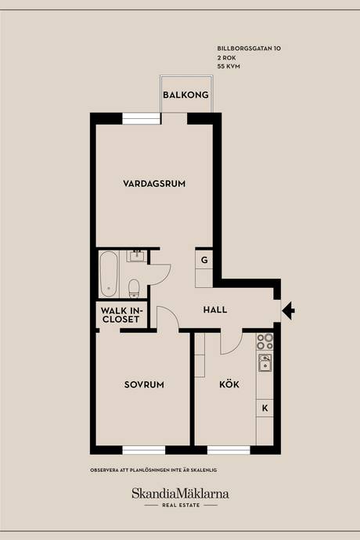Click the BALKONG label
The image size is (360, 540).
[x=185, y=95]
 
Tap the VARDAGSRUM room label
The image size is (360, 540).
[x=154, y=184]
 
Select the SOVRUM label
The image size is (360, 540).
[x=144, y=385]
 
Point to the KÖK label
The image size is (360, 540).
[x=229, y=383]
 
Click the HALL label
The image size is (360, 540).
[x=215, y=310]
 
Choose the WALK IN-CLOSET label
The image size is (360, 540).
[x=121, y=315]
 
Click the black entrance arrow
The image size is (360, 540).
[x=288, y=311]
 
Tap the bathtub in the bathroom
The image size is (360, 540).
[x=109, y=274]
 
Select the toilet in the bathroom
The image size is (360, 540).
[x=134, y=289]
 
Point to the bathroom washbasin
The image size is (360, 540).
[x=137, y=256]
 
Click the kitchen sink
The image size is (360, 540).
[x=265, y=363]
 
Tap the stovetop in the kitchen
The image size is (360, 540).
[x=265, y=341]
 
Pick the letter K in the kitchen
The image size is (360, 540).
[x=265, y=408]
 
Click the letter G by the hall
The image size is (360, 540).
[x=204, y=260]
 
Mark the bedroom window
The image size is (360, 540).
[x=144, y=450]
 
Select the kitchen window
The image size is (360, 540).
[x=229, y=450]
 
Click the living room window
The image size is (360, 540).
[x=142, y=118]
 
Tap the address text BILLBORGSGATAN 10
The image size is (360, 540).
[x=249, y=49]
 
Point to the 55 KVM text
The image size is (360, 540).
[x=229, y=66]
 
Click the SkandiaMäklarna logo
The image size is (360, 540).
[x=180, y=494]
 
